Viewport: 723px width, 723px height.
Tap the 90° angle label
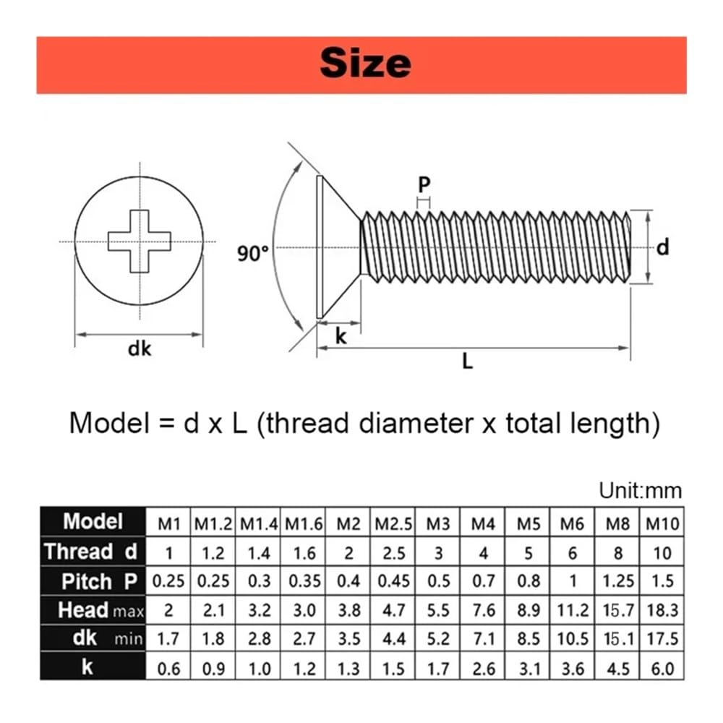click(252, 253)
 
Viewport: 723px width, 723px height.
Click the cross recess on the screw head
click(140, 241)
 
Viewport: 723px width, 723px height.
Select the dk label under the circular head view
click(140, 348)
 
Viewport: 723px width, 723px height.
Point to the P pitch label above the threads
click(424, 185)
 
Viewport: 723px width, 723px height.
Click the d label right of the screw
click(662, 247)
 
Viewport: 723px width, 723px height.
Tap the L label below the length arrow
click(468, 361)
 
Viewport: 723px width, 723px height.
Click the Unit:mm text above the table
click(640, 490)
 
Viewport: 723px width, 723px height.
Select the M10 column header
click(662, 523)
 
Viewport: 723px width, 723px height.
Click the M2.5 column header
click(393, 523)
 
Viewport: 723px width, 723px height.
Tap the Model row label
click(93, 521)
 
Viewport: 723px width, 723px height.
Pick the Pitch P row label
click(93, 581)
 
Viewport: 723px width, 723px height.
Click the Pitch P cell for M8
click(617, 581)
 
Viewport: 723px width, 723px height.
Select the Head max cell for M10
click(662, 610)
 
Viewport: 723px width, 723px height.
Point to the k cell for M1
click(168, 668)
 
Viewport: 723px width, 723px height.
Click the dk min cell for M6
click(573, 639)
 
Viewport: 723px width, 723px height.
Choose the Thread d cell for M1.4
click(259, 553)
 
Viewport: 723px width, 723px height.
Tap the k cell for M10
click(662, 668)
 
